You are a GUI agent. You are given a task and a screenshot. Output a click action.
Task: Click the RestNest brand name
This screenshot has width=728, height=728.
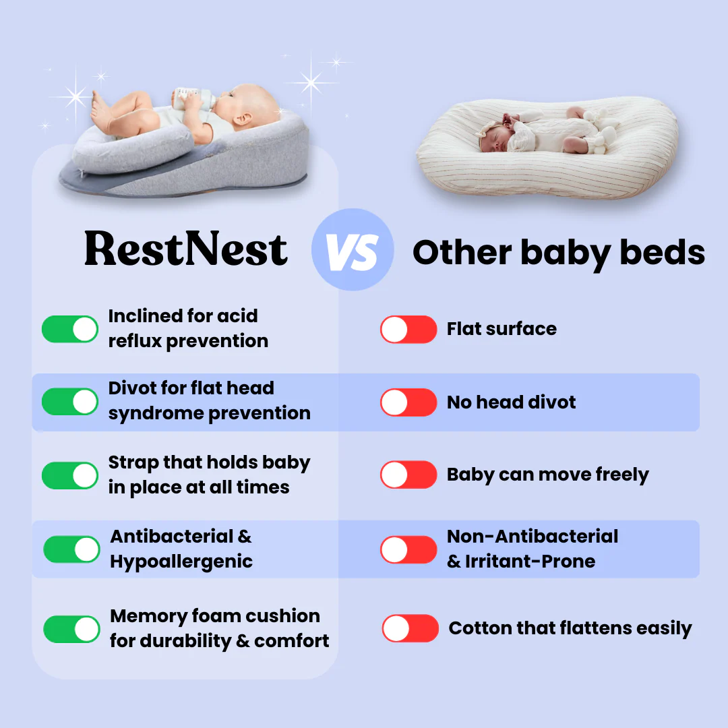186,249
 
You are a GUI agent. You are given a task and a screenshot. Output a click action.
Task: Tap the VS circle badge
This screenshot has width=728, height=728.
353,250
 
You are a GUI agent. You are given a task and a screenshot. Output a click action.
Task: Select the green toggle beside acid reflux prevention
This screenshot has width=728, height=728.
70,329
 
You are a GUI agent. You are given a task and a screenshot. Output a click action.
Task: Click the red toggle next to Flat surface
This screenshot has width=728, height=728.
408,329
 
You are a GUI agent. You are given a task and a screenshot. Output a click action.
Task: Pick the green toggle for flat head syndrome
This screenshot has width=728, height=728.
70,402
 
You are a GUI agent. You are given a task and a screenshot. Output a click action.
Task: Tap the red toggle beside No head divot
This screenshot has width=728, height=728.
408,402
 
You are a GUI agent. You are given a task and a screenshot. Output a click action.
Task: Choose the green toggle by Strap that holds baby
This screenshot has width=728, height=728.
70,475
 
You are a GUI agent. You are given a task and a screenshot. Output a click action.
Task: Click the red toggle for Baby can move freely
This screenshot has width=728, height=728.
408,475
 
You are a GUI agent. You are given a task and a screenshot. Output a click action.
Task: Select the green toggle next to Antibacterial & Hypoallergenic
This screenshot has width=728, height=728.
71,549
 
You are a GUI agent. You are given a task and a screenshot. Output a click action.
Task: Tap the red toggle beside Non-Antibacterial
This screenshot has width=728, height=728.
408,550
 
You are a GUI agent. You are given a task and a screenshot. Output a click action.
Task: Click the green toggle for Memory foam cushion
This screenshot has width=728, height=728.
71,629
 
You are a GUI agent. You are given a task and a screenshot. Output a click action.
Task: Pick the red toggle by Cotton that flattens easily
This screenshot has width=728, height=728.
411,628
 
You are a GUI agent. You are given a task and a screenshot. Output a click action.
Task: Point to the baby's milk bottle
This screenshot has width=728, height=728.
194,98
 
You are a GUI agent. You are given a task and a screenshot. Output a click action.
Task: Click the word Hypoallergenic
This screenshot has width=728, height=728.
181,562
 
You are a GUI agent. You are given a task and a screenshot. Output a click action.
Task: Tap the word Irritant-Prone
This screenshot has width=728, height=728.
530,562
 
